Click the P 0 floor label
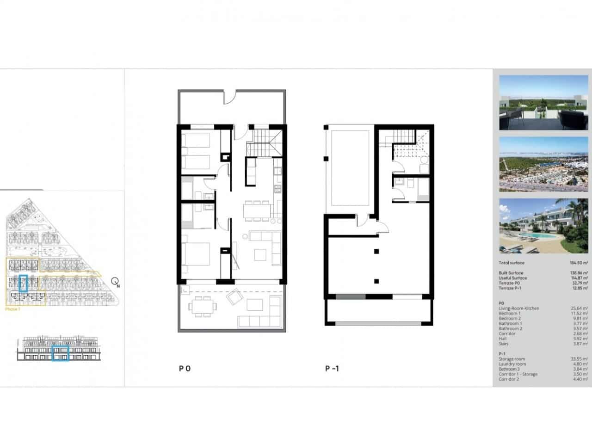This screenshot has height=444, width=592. pos(185,369)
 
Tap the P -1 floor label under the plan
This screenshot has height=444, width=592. pos(332,369)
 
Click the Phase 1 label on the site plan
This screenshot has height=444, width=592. pos(12,308)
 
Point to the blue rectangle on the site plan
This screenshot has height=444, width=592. pos(24,283)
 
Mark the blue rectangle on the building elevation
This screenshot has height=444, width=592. pos(60,353)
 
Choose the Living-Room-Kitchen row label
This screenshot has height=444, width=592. pos(519,308)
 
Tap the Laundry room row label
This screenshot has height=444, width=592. pos(512,364)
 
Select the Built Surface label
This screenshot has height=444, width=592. pos(511,273)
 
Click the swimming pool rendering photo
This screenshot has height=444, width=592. pos(543,226)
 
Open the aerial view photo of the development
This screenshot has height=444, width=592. pos(543,164)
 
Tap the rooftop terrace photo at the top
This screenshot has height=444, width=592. pos(543,103)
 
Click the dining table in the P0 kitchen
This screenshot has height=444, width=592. pos(257,210)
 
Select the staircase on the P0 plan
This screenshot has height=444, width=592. pos(263,142)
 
